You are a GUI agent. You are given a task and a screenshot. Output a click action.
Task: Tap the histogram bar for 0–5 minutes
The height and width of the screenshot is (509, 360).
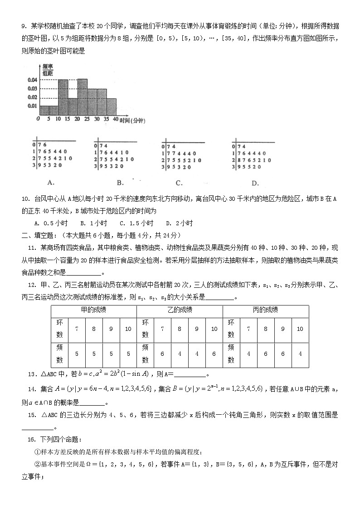[x=44, y=111]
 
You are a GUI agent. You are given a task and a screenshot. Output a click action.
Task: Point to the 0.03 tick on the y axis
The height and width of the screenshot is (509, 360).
[x=33, y=89]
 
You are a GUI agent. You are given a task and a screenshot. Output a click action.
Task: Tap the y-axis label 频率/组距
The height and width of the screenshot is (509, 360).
[x=47, y=69]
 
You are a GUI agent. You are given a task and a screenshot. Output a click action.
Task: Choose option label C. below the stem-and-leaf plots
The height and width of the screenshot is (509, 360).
[x=179, y=183]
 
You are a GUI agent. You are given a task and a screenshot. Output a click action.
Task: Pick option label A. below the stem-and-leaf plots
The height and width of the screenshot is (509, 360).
[x=51, y=182]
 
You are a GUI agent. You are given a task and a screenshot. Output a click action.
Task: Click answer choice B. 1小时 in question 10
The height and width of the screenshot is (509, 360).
[x=93, y=223]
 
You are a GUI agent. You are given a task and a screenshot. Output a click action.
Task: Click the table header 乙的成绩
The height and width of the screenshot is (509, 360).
[x=180, y=310]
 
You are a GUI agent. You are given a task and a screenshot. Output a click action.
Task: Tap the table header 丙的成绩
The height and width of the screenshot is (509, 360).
[x=265, y=310]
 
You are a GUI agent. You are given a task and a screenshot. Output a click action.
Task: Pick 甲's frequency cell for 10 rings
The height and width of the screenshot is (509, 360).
[x=128, y=354]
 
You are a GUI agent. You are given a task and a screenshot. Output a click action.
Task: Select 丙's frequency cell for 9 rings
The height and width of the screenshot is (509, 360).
[x=282, y=354]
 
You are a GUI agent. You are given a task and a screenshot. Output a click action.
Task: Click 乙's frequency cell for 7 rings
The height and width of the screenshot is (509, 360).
[x=163, y=354]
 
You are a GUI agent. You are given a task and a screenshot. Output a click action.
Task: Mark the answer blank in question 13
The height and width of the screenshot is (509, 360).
[x=190, y=374]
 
